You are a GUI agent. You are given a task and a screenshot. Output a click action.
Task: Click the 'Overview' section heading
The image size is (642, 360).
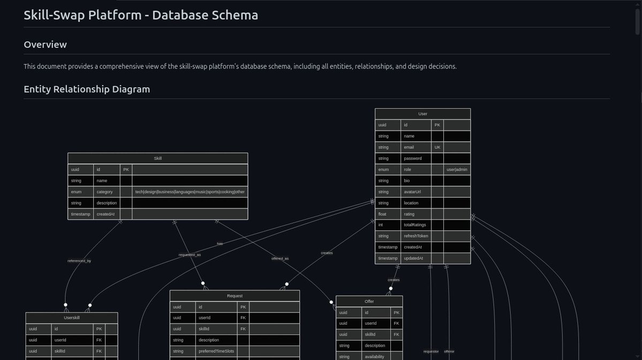[45, 44]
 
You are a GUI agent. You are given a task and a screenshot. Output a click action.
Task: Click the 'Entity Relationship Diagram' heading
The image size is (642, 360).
[87, 89]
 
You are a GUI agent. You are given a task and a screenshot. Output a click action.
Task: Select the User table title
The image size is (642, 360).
[422, 114]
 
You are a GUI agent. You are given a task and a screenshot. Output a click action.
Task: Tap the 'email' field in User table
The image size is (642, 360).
[409, 147]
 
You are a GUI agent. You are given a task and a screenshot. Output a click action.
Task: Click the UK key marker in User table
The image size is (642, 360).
[437, 147]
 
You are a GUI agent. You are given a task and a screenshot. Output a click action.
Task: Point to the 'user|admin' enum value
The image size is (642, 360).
[457, 170]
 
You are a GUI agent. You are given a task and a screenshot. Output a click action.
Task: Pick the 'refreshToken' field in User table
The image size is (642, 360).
[416, 236]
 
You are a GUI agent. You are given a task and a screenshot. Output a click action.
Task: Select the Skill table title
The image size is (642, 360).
[157, 159]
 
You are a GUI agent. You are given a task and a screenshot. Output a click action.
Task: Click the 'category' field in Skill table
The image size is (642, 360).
[104, 192]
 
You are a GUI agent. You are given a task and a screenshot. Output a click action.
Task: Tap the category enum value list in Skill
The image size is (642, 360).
[190, 192]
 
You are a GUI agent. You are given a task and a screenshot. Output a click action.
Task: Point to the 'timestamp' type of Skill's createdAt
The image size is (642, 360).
[80, 214]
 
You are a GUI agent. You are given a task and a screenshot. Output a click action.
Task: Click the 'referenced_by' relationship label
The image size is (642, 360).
[79, 261]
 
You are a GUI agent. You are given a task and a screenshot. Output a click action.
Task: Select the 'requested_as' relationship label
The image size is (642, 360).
[190, 255]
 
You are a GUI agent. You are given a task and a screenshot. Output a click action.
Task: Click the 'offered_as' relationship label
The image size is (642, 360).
[280, 259]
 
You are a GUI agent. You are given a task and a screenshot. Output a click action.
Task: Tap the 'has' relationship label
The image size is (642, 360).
[220, 244]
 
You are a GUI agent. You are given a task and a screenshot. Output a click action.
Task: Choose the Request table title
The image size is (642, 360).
[235, 296]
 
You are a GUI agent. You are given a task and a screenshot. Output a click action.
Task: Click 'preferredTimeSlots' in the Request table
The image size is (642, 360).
[216, 351]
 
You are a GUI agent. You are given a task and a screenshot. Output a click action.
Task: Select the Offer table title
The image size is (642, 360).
[369, 302]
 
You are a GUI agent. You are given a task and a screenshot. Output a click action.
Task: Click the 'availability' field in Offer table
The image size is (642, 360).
[375, 357]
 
